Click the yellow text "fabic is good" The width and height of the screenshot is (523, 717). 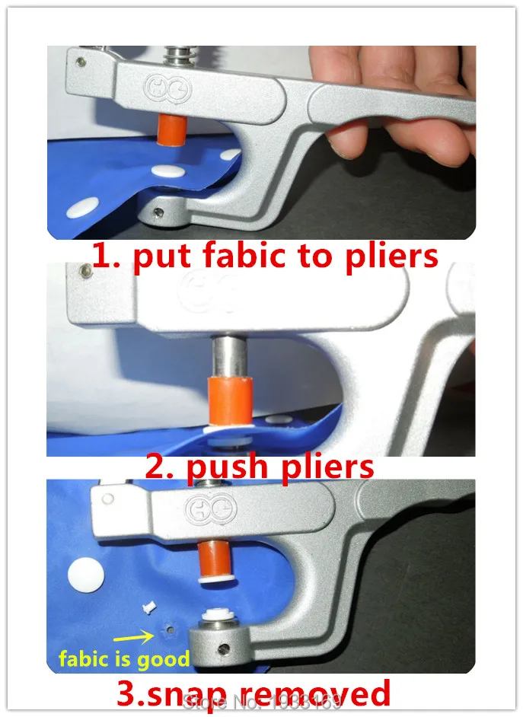click(124, 658)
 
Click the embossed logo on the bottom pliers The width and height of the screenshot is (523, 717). click(218, 508)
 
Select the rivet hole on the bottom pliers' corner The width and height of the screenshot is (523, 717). click(108, 499)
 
